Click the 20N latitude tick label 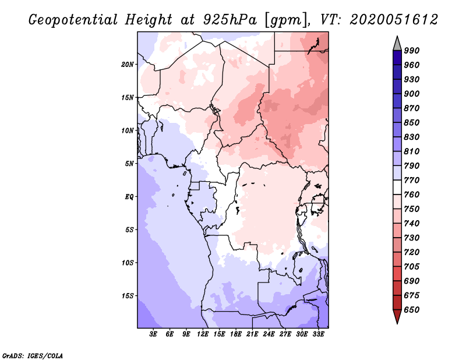[x=127, y=65]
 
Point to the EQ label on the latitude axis [x=129, y=197]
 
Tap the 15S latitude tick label [x=127, y=296]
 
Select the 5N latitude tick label [x=129, y=164]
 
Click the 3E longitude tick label [x=153, y=334]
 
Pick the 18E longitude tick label [x=236, y=334]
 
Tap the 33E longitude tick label [x=318, y=334]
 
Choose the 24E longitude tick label [x=269, y=334]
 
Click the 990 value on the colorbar [x=412, y=51]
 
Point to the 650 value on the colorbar [x=412, y=310]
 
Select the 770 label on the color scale [x=412, y=180]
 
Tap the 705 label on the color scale [x=412, y=267]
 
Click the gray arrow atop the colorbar [x=397, y=44]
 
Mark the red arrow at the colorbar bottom [x=397, y=316]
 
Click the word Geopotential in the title [x=73, y=20]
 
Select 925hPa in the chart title [x=230, y=20]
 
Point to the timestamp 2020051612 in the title [x=394, y=20]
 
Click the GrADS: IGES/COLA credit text [x=33, y=356]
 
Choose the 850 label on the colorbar [x=412, y=122]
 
